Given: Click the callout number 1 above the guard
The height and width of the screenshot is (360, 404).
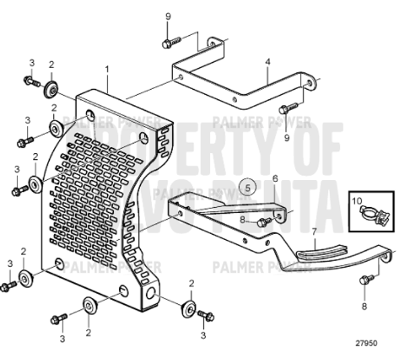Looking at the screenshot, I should pos(106,69).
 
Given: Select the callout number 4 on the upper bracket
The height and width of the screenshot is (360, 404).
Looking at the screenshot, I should pos(267,62).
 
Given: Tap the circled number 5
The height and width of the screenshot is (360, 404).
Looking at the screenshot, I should pos(247,188).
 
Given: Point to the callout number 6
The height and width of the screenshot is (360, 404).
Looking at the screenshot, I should pos(275,179).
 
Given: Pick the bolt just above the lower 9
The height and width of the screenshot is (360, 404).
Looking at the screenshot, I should pos(287,107).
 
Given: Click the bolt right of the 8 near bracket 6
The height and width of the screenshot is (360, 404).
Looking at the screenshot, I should pos(265,221).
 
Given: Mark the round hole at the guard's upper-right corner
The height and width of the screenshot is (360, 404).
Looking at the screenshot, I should pos(144,139).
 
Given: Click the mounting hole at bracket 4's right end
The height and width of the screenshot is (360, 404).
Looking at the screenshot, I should pos(310,84).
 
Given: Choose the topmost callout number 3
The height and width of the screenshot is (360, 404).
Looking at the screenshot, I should pos(31,63).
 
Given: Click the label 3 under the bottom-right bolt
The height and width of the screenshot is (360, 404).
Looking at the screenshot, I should pos(203,334).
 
